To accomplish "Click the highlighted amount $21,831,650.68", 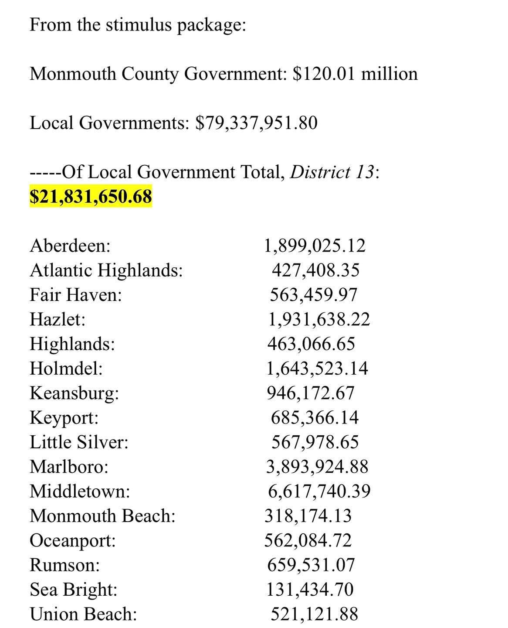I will tap(91, 196).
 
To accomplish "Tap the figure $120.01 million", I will tap(355, 74).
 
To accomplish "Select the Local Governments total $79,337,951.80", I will tap(257, 123).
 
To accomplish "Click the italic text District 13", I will tap(332, 172).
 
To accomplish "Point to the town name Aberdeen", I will tap(70, 246).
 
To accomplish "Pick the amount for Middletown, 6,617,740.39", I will tap(319, 491).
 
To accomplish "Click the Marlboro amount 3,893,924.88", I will tap(317, 467).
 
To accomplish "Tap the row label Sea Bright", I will tap(73, 590).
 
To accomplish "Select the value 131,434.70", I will tap(310, 590).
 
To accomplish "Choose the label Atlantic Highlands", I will tap(106, 270).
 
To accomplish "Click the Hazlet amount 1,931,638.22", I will tap(318, 320).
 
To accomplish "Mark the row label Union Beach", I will tap(83, 614).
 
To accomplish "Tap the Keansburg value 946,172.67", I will tap(311, 393).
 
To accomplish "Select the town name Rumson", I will tap(64, 565).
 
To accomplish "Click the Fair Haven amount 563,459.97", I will tap(313, 295).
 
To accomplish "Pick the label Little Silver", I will tap(79, 442).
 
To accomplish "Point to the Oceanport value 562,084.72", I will tap(308, 541).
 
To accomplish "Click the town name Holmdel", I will tap(66, 369).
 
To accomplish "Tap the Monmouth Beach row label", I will tap(102, 516).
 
